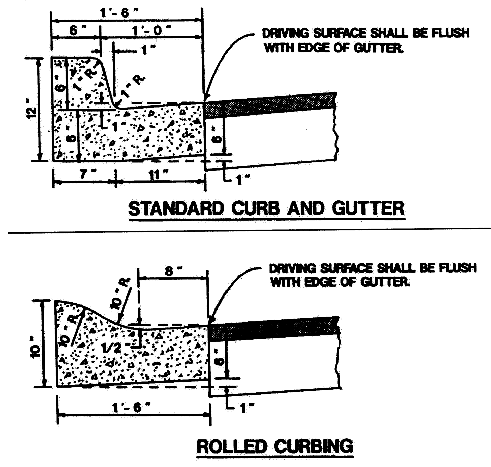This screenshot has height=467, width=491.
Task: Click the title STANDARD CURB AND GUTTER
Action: [266, 209]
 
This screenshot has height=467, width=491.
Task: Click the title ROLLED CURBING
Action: [274, 446]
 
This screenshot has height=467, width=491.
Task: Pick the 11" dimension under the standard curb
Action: [157, 175]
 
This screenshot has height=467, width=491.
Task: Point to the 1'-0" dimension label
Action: [151, 30]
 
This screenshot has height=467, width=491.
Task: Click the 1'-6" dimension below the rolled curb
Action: [131, 407]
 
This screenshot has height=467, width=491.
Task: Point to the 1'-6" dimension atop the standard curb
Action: [119, 13]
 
